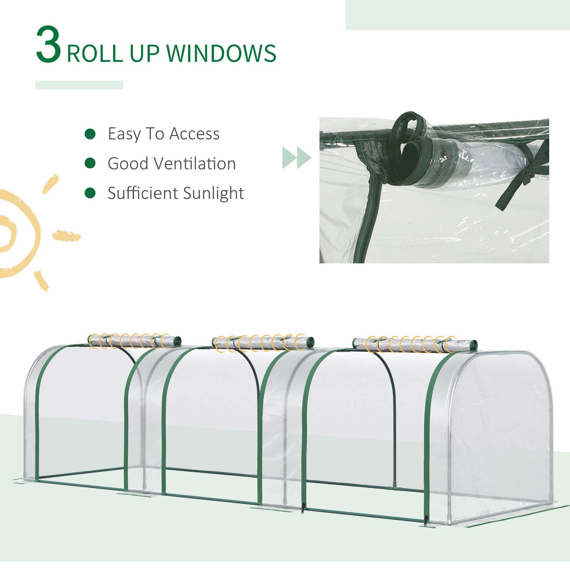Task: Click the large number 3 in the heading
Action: pos(48,45)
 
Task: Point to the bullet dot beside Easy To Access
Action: pos(90,134)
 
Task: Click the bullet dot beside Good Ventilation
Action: pos(90,163)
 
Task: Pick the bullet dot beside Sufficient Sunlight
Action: pos(90,193)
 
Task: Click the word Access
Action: pos(194,134)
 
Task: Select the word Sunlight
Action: pos(213,193)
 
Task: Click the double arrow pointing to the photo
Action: pos(296,158)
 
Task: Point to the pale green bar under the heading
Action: pos(79,85)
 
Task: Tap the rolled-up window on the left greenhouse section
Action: pos(134,341)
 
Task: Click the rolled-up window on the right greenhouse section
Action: pos(414,344)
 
